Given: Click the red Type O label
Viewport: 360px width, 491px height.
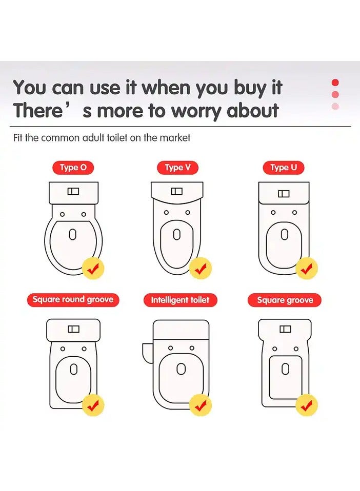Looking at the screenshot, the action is point(73,168).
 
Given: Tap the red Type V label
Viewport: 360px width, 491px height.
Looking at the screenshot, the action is point(177,168).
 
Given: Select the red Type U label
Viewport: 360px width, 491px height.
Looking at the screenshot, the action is point(283,168).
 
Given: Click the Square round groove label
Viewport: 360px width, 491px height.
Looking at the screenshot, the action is point(73,300).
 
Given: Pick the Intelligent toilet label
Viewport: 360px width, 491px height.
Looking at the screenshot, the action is point(180,300).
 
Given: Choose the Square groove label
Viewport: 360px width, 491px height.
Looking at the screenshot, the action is point(285,300).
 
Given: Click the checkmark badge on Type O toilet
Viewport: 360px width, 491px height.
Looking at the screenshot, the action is point(93,269).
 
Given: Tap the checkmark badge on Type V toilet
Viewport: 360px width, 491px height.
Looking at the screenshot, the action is point(201,269).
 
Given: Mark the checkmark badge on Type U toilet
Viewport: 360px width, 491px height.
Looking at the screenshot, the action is point(307,269).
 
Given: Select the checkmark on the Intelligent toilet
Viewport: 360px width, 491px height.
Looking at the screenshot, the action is point(201,405).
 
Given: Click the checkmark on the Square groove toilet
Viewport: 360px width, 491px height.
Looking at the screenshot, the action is point(307,405).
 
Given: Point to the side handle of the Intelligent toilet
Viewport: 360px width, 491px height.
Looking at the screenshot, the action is point(148,353).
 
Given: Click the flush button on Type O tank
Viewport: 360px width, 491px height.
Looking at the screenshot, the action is point(73,191).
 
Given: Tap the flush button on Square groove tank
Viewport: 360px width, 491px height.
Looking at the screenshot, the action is point(285,329).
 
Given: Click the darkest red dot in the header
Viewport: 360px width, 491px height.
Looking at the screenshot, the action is point(335,83).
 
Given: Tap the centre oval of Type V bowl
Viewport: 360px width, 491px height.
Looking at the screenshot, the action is point(177,234).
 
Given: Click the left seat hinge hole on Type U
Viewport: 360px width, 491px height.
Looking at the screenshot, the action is point(273,213).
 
